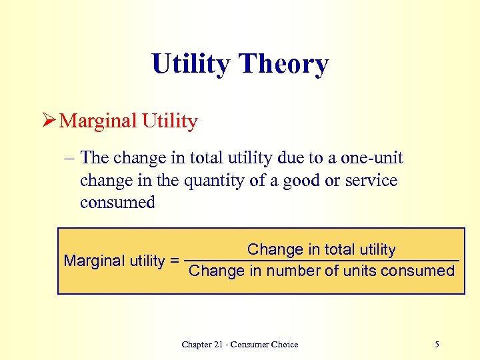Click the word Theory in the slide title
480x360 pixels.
283,65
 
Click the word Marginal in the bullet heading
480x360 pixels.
93,121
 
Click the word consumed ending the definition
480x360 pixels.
117,203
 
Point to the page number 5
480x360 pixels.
437,345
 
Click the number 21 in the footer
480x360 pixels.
221,345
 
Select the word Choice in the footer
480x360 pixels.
285,345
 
